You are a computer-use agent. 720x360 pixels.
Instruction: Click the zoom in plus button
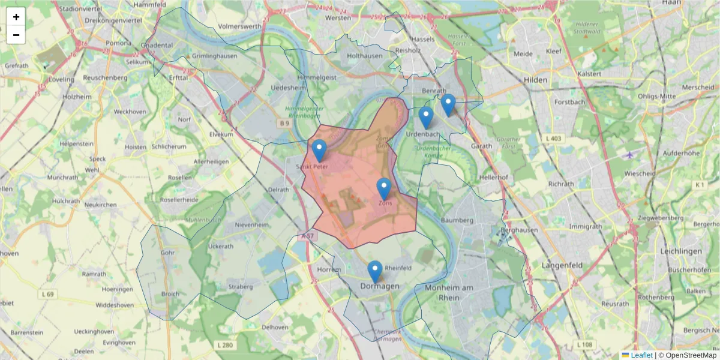coord(16,17)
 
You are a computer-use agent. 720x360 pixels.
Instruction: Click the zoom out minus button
coord(16,35)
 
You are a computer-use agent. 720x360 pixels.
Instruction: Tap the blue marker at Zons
coord(384,189)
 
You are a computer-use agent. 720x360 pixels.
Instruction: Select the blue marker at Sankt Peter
coord(319,151)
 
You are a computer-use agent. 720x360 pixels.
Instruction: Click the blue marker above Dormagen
coord(375,271)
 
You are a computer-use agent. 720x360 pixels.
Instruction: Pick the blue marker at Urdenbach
coord(426,118)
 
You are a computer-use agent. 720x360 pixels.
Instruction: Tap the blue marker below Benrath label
coord(448,105)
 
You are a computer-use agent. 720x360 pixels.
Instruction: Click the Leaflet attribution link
coord(641,355)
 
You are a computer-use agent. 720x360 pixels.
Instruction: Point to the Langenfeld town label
coord(563,265)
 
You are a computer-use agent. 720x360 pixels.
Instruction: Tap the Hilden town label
coord(535,79)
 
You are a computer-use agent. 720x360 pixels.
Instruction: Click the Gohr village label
coord(167,253)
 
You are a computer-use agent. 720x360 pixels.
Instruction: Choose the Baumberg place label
coord(461,220)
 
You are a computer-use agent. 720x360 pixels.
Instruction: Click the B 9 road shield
coord(284,124)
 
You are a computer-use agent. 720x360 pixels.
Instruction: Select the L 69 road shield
coord(49,294)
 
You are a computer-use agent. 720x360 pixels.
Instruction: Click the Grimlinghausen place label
coord(215,56)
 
